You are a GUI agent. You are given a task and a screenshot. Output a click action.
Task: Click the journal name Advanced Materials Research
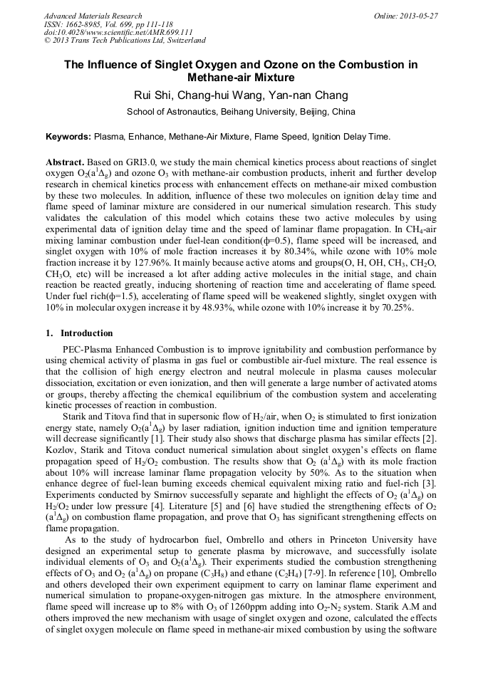coord(89,16)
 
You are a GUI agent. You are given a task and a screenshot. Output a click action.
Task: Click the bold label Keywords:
coord(68,136)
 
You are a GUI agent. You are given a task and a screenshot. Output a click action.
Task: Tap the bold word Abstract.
coord(66,162)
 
